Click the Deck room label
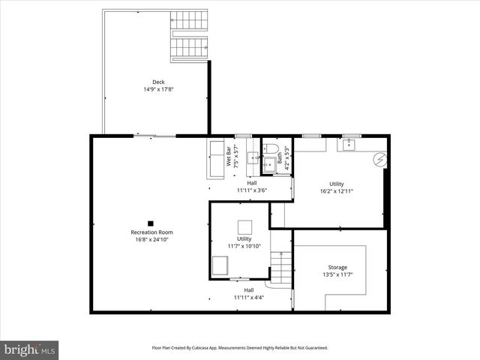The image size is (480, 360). pos(158,82)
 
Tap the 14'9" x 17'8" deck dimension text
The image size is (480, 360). pos(158,90)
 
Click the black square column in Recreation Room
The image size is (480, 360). pos(151,223)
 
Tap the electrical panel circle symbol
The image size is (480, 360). pos(379,159)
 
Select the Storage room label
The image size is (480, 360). pos(337,267)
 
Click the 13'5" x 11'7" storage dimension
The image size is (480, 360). pos(337,274)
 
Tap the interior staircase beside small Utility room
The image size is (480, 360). pos(280,266)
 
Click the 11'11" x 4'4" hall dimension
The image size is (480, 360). pos(248,297)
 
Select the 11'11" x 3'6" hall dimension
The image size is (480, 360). pos(251,190)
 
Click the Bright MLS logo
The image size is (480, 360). pos(30,349)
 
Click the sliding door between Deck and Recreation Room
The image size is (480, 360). pos(155,136)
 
